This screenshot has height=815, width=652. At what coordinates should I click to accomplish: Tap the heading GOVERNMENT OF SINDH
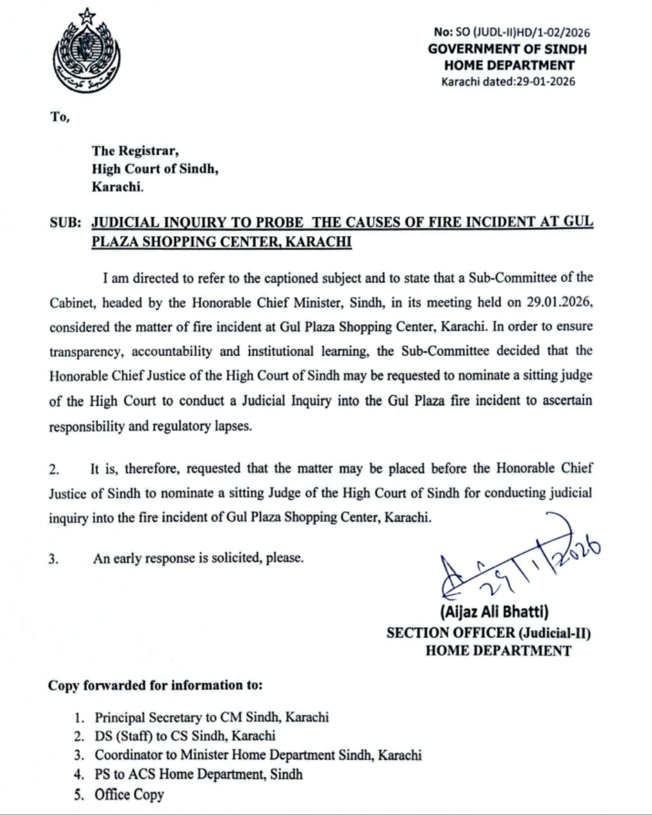click(x=507, y=49)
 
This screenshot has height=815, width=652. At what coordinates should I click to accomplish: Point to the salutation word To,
click(x=60, y=117)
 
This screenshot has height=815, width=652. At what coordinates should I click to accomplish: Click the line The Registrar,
click(x=135, y=150)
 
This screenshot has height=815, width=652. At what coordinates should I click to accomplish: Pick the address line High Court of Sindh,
click(x=155, y=168)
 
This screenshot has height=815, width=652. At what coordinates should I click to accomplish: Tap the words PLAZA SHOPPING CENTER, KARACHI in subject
click(x=222, y=241)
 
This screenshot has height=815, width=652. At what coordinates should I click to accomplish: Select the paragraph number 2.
click(x=54, y=469)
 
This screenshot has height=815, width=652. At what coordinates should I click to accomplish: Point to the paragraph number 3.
click(x=54, y=558)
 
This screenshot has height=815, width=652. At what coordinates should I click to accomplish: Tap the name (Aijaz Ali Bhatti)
click(x=494, y=612)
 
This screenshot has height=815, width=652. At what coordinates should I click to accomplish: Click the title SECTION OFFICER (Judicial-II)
click(x=488, y=632)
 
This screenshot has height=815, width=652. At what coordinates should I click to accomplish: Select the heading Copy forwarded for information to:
click(x=156, y=685)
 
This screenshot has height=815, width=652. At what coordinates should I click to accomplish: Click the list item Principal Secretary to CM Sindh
click(x=211, y=717)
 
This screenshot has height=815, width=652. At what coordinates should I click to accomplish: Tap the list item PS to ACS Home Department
click(x=199, y=774)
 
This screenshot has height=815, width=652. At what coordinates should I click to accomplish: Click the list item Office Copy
click(x=129, y=794)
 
